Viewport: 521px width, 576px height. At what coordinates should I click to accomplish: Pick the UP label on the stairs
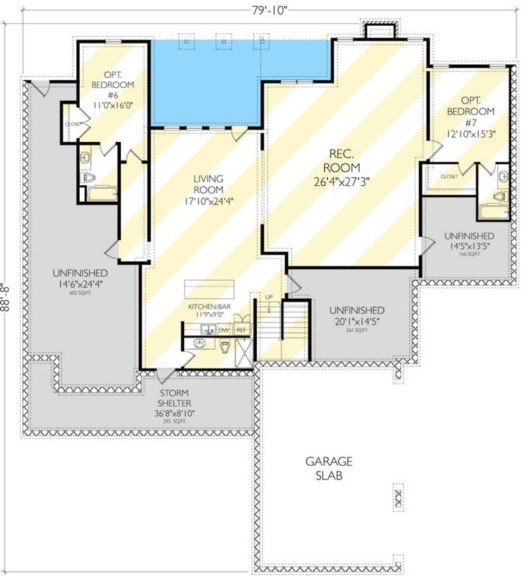coord(269,298)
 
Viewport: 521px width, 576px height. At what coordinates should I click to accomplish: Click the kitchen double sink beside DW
coord(207,330)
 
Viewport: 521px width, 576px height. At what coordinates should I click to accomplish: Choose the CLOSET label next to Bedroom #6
coord(73,124)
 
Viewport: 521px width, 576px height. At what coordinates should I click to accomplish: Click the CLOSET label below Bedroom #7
coord(449,176)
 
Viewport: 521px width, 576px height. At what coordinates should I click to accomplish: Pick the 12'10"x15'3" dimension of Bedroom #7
coord(471,133)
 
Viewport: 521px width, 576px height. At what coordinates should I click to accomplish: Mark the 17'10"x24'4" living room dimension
coord(208,202)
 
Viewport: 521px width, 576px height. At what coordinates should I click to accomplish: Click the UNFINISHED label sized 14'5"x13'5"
coord(468,236)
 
